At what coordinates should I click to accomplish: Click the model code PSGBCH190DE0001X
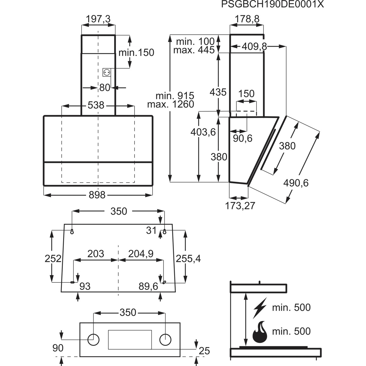[272, 4]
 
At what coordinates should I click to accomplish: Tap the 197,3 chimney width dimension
[98, 19]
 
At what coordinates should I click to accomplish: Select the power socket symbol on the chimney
[106, 72]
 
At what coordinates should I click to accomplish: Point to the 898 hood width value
[97, 195]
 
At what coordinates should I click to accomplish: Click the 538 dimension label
[96, 105]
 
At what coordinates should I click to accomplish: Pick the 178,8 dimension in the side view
[247, 19]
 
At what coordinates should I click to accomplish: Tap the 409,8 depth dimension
[254, 46]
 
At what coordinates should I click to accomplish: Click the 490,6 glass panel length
[296, 183]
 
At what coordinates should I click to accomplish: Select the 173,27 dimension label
[240, 206]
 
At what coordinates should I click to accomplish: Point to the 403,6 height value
[203, 132]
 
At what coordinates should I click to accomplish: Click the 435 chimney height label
[218, 92]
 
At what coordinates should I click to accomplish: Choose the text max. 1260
[170, 104]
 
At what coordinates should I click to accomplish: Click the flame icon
[260, 332]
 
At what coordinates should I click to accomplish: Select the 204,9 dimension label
[141, 254]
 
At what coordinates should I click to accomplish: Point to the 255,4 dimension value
[188, 259]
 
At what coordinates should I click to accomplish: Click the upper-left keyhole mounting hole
[72, 231]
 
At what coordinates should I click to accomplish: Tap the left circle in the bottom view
[93, 339]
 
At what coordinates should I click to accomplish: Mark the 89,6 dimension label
[148, 286]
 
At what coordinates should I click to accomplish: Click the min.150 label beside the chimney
[136, 52]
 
